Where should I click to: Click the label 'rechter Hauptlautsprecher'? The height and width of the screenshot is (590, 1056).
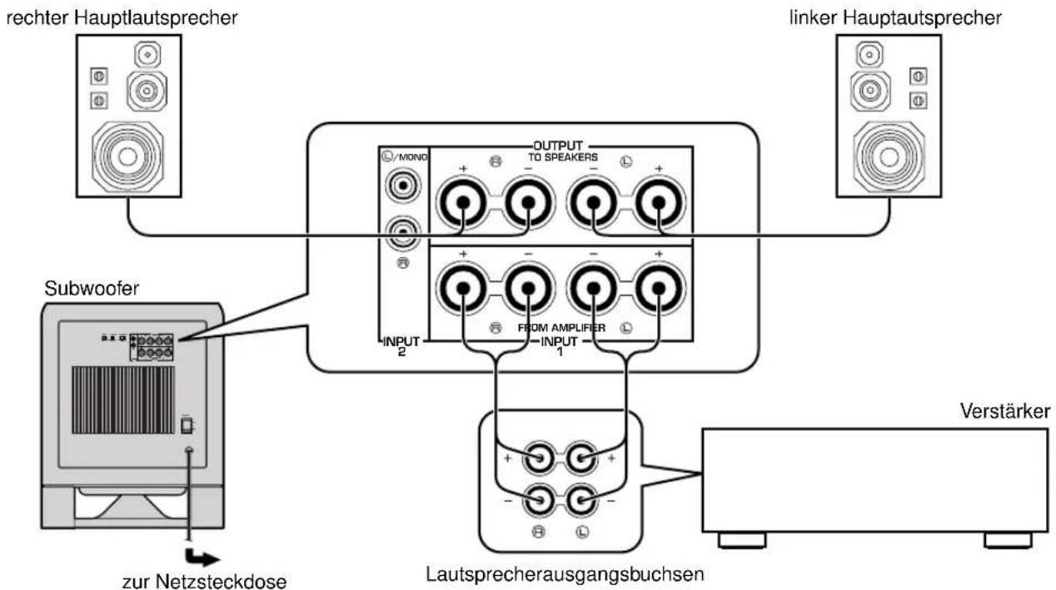pyautogui.click(x=122, y=18)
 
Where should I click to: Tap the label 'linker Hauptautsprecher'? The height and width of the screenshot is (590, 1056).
pyautogui.click(x=895, y=18)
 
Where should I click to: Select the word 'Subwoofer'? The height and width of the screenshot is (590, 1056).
pyautogui.click(x=92, y=289)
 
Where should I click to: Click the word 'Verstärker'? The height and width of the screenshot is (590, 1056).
pyautogui.click(x=1005, y=411)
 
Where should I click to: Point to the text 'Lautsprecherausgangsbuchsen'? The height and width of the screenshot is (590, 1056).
pyautogui.click(x=565, y=574)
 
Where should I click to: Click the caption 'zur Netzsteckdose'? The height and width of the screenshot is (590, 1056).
pyautogui.click(x=204, y=581)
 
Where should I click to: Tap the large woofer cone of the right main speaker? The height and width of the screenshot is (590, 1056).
pyautogui.click(x=127, y=156)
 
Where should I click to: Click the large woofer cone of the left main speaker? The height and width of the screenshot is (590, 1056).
pyautogui.click(x=889, y=156)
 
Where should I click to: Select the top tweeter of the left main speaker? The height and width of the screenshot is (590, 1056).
pyautogui.click(x=869, y=55)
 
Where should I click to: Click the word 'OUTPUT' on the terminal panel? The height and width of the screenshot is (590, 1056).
pyautogui.click(x=558, y=146)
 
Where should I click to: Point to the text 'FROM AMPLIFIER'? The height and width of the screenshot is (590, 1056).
pyautogui.click(x=561, y=328)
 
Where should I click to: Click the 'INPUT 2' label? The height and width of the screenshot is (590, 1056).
pyautogui.click(x=401, y=346)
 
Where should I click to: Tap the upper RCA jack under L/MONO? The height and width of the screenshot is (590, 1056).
pyautogui.click(x=403, y=186)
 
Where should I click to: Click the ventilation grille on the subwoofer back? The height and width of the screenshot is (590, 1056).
pyautogui.click(x=123, y=400)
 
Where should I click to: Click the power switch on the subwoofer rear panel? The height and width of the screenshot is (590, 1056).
pyautogui.click(x=187, y=424)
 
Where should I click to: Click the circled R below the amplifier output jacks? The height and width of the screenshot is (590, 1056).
pyautogui.click(x=538, y=532)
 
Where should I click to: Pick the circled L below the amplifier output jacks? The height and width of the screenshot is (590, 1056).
pyautogui.click(x=582, y=532)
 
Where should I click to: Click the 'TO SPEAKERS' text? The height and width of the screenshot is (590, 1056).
pyautogui.click(x=562, y=157)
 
